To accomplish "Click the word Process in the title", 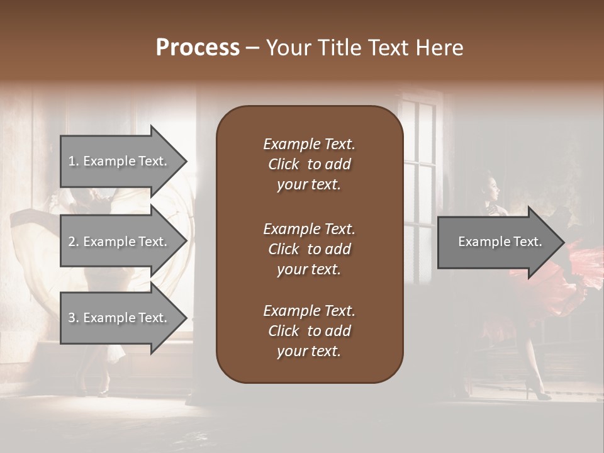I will (x=198, y=48).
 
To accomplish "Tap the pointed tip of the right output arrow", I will (x=563, y=242).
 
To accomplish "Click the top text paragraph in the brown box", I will (x=309, y=164).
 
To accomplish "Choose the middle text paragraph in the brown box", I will (x=309, y=249).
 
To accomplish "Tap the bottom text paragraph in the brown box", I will (x=309, y=331).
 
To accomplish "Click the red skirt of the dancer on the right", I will (x=573, y=277).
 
